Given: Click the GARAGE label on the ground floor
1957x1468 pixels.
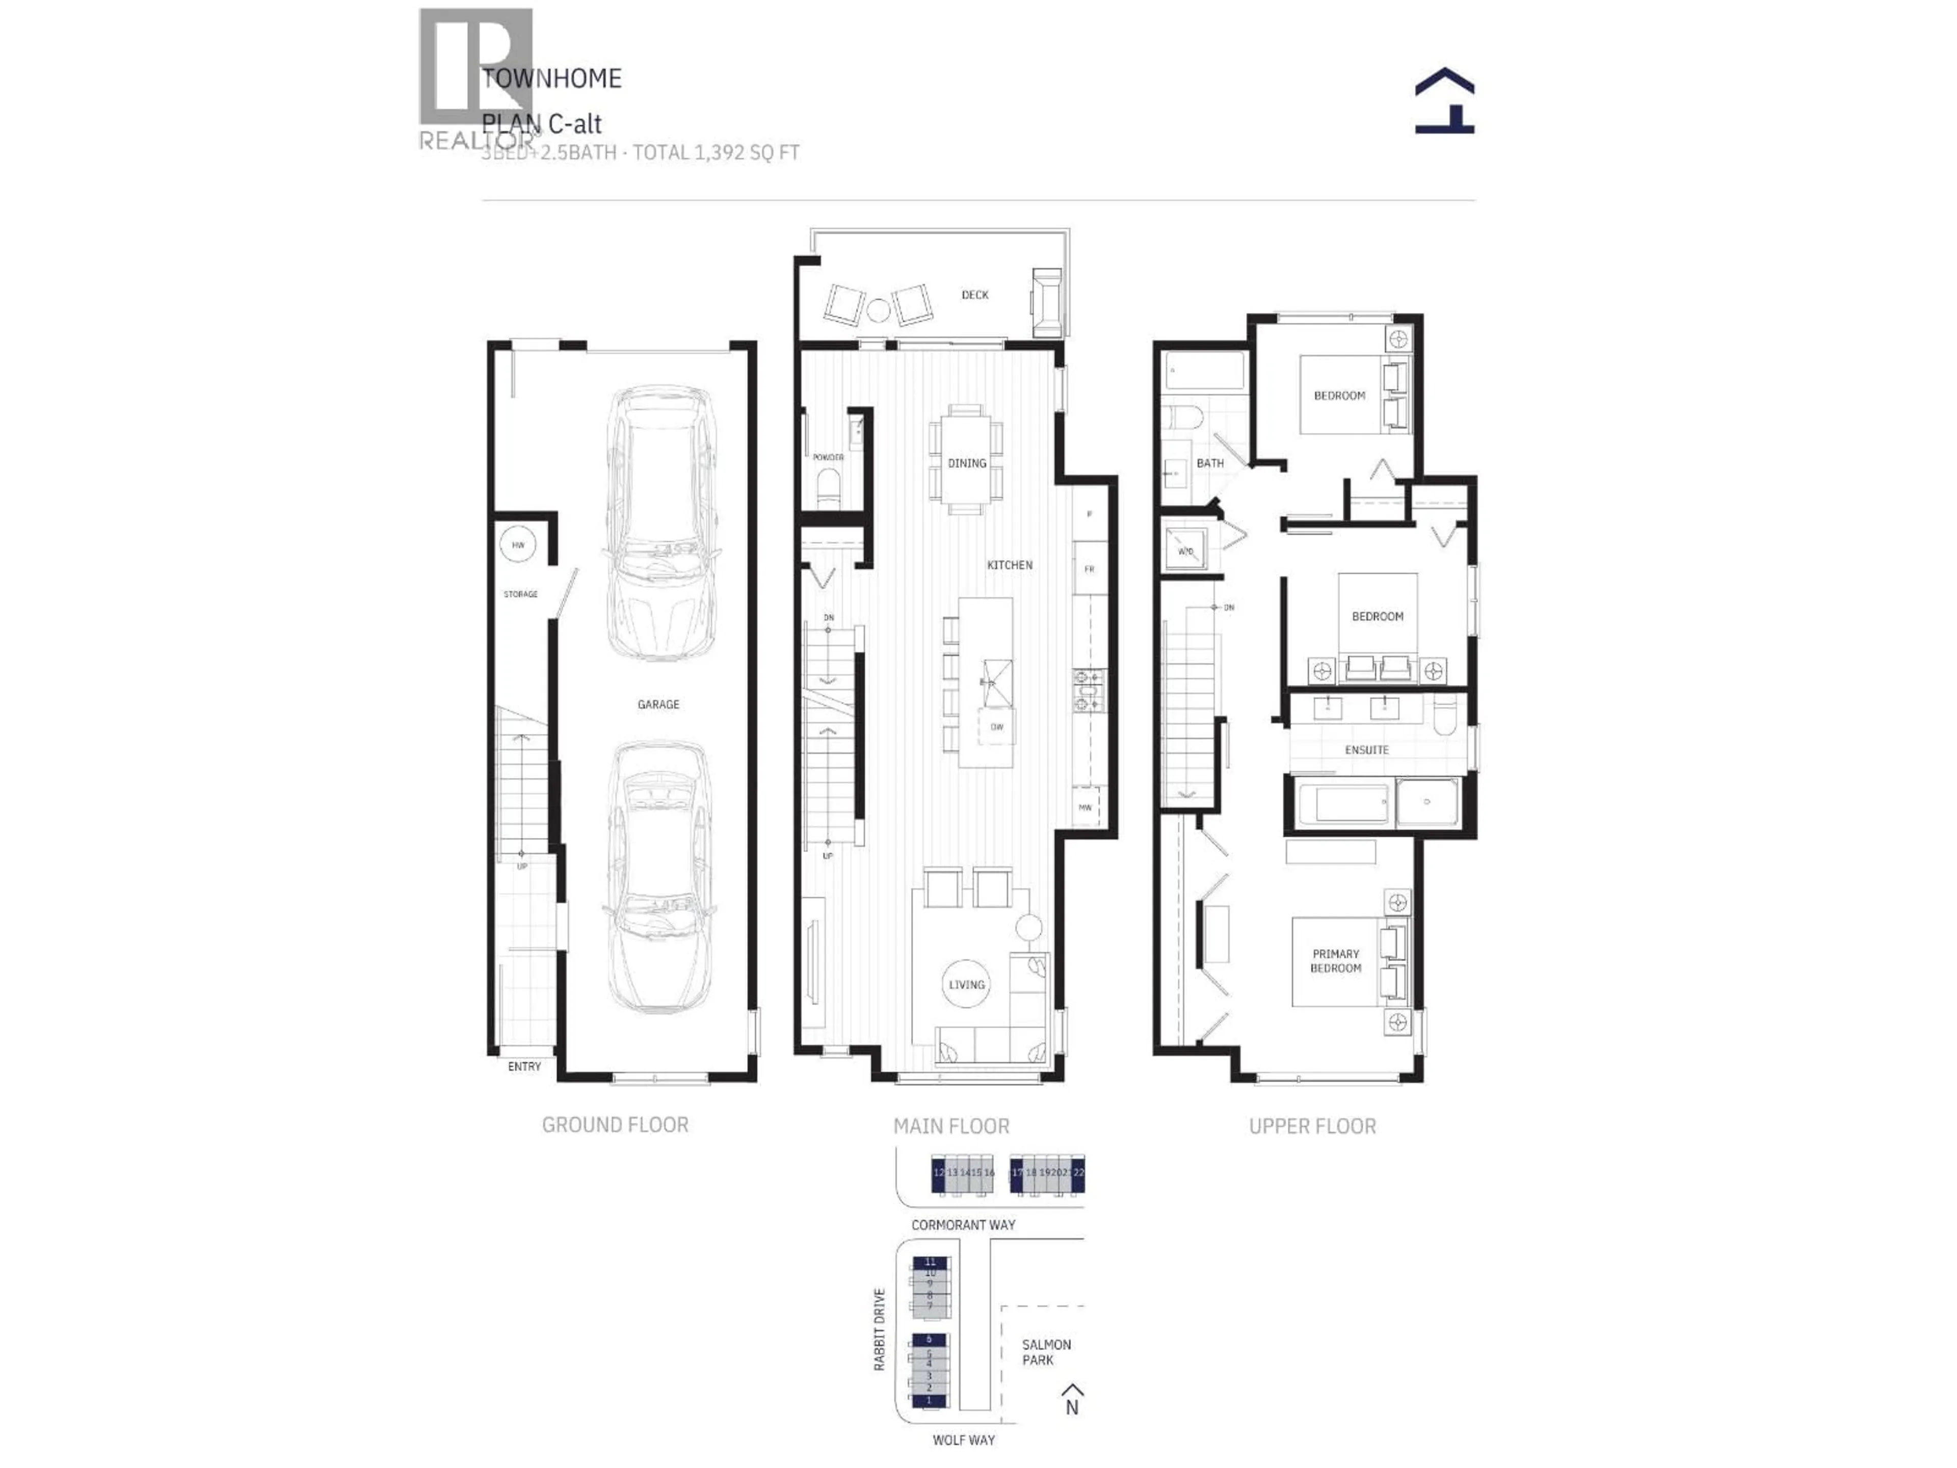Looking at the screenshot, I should (658, 704).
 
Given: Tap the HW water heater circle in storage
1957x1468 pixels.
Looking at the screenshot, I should (518, 545).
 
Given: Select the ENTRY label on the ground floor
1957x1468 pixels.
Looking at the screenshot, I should (524, 1066).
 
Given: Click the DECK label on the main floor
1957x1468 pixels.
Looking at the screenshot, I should (975, 295).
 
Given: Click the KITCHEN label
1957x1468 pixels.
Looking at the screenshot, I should (1010, 565).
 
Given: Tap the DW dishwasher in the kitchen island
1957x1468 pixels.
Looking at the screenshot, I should (997, 727).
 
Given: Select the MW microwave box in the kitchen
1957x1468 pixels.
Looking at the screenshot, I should (1086, 807).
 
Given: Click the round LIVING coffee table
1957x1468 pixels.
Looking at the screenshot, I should (966, 984).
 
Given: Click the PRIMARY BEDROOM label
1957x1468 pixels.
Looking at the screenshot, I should (1335, 961).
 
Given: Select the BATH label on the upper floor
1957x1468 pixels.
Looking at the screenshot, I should (1209, 463).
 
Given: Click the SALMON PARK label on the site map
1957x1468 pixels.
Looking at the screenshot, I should (1046, 1352).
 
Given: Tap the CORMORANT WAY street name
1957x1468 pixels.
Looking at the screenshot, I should (963, 1225).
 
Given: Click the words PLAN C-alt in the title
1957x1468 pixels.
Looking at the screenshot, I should (541, 124).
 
